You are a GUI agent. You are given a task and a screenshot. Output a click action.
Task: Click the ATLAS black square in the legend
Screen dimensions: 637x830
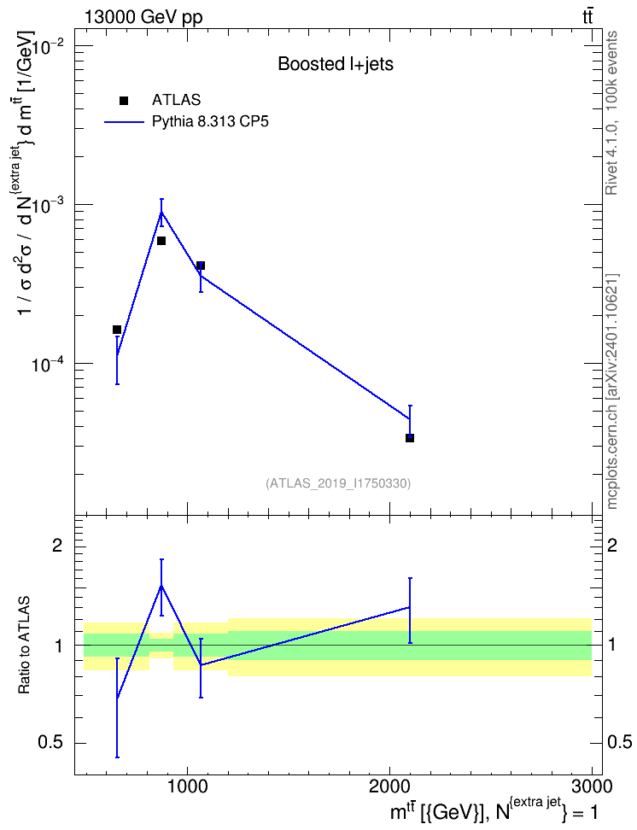(x=124, y=101)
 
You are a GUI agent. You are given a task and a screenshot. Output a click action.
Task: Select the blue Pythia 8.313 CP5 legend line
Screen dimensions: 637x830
(x=124, y=122)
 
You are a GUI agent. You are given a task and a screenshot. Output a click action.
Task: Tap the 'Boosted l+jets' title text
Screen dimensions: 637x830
(x=336, y=65)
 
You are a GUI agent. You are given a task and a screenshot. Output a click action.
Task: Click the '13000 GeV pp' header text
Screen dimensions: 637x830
(x=143, y=17)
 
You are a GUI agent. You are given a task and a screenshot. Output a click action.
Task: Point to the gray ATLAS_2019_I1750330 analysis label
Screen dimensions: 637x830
(x=338, y=483)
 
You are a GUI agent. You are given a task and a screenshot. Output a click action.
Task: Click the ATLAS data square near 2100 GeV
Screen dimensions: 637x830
(x=410, y=438)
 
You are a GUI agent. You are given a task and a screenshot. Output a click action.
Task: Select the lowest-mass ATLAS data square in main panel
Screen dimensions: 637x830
(x=117, y=330)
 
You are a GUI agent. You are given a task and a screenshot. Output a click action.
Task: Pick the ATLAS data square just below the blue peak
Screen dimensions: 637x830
(x=161, y=241)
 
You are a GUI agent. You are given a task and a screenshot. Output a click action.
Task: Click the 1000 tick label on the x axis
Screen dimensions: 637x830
(x=187, y=786)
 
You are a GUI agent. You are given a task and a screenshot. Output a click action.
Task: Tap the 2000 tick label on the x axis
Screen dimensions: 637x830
(x=389, y=786)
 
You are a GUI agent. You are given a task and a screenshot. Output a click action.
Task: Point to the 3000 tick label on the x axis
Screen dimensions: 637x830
(x=592, y=786)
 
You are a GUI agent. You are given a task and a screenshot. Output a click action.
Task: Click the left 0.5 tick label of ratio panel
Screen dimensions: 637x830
(x=50, y=743)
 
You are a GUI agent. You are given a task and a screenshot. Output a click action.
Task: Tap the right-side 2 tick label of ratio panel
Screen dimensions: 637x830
(x=612, y=545)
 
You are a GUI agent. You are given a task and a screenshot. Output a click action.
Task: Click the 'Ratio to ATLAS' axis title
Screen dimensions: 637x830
(x=24, y=645)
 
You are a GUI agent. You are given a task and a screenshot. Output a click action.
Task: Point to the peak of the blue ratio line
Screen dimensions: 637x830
(x=161, y=586)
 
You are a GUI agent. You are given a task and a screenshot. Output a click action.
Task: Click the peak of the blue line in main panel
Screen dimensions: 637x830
(x=161, y=213)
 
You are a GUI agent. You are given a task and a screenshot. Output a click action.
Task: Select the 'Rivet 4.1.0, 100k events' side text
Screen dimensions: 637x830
(x=611, y=113)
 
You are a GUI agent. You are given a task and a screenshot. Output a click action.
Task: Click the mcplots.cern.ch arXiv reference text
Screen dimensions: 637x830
(x=611, y=391)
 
